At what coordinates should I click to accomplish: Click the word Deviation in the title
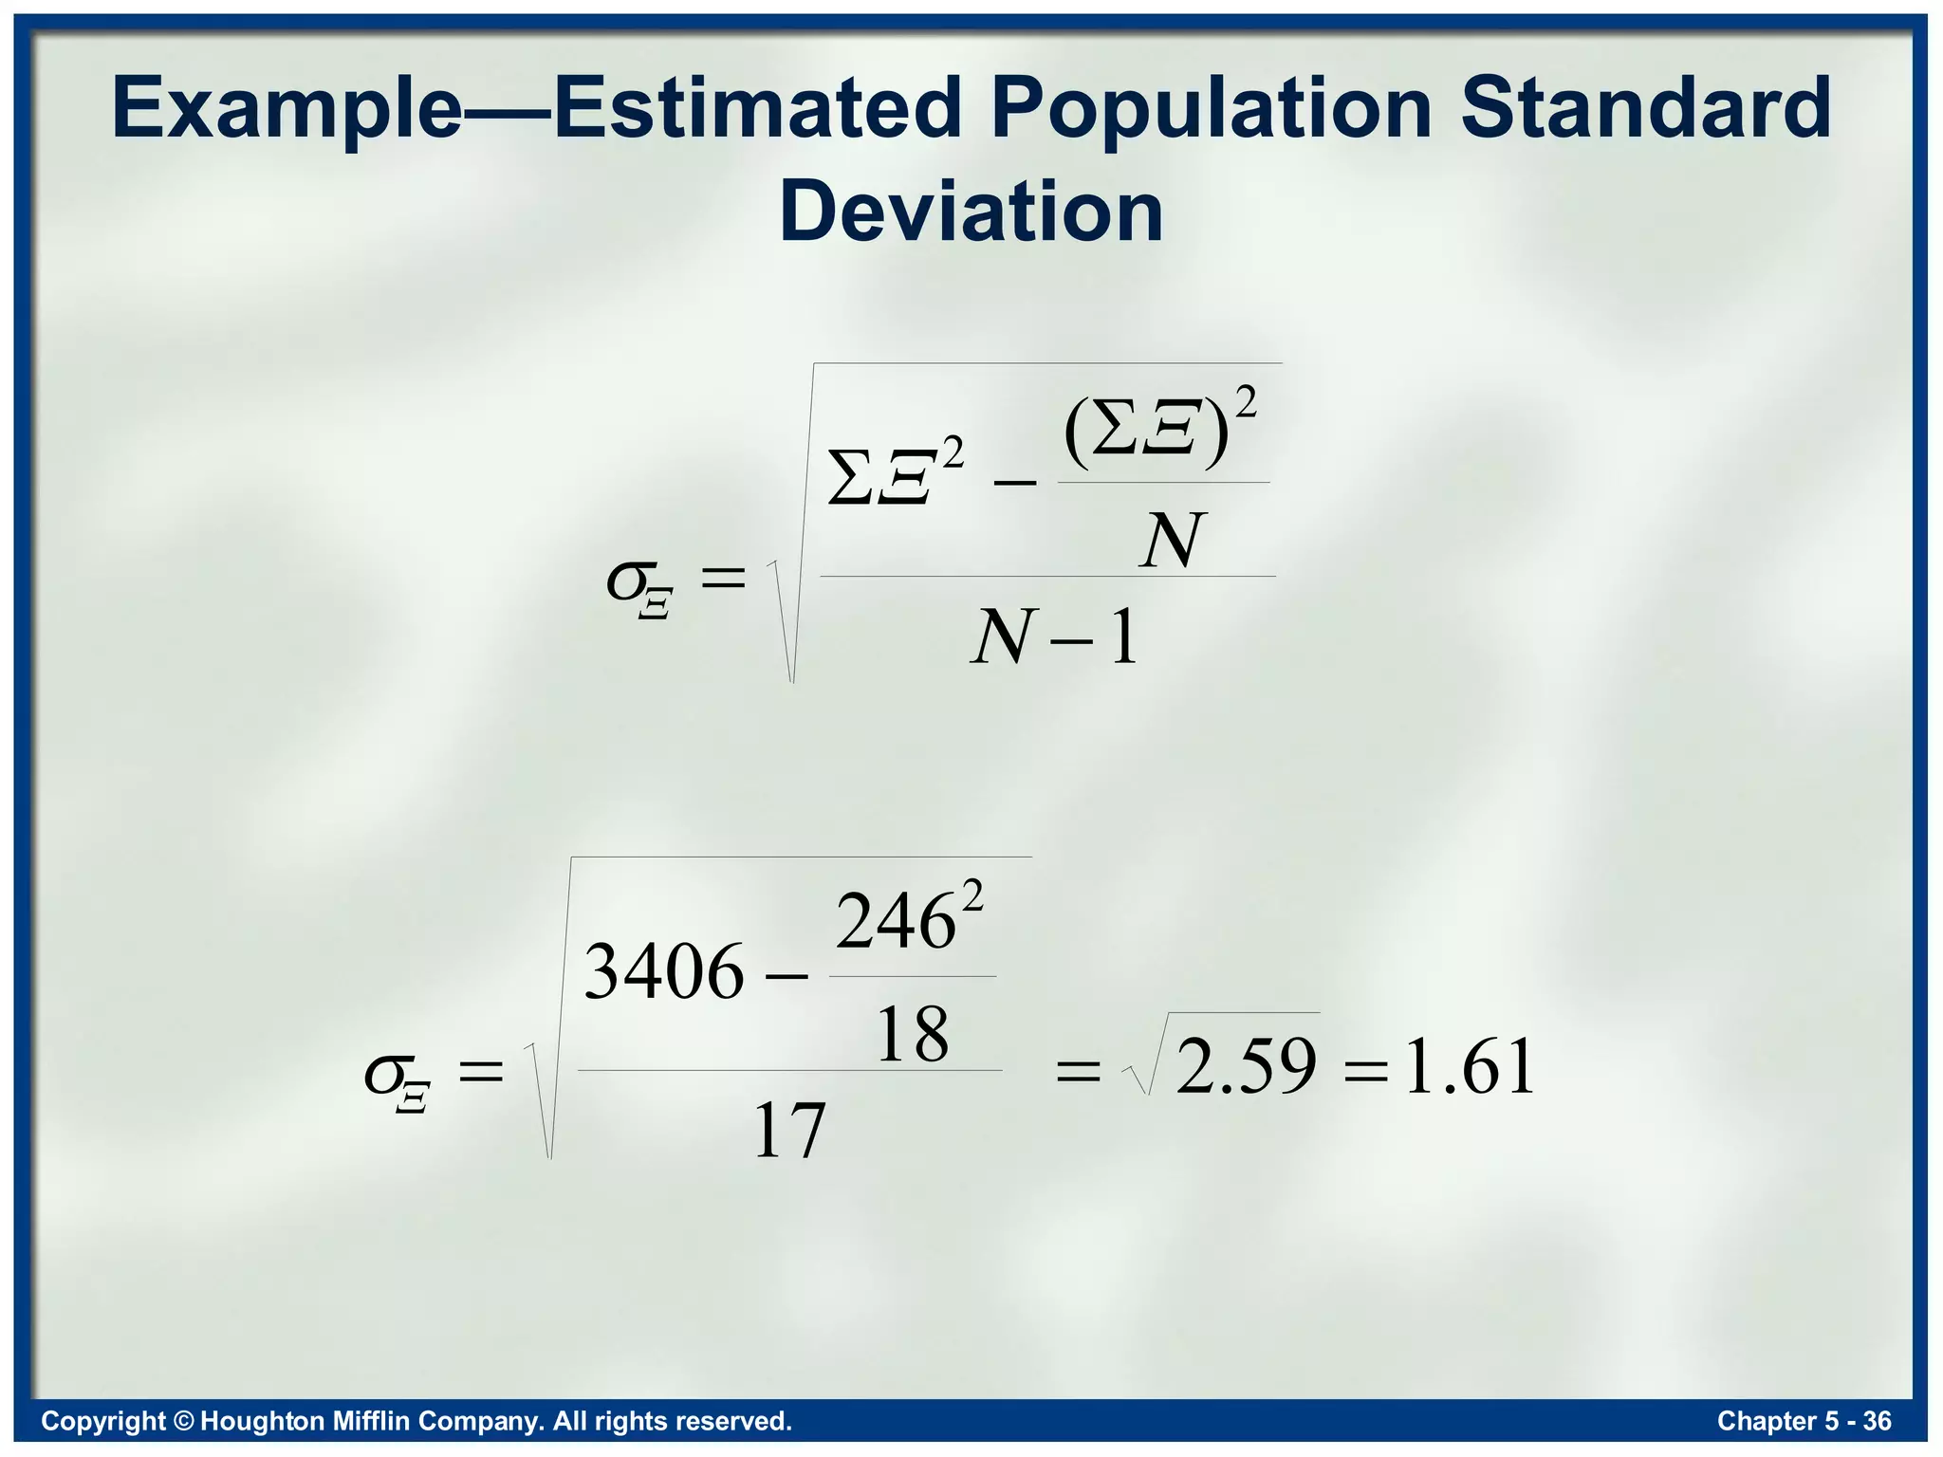(971, 212)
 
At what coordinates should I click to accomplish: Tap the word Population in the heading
(1211, 108)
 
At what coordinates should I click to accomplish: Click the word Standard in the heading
(1645, 108)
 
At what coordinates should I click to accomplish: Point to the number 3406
(664, 972)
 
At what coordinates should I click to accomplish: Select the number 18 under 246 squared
(912, 1035)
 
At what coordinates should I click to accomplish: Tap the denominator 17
(788, 1132)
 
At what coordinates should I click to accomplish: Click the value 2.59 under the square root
(1246, 1066)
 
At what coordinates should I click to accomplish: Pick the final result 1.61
(1469, 1067)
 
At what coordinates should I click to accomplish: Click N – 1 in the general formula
(1054, 637)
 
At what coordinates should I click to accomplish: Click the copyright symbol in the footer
(184, 1421)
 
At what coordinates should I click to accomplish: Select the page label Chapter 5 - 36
(1804, 1421)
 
